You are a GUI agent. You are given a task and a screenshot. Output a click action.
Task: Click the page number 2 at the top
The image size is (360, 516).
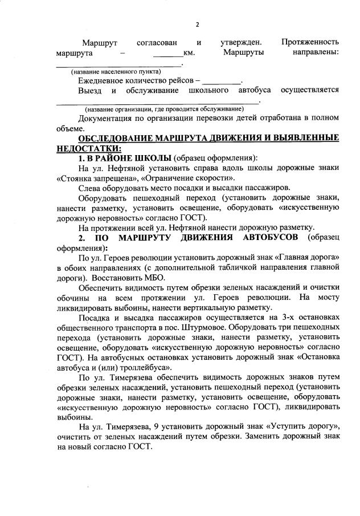tap(198, 24)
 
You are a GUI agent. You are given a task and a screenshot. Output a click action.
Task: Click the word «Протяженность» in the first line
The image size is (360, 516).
tap(310, 43)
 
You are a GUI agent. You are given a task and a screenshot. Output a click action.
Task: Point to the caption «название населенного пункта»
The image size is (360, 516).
tap(116, 72)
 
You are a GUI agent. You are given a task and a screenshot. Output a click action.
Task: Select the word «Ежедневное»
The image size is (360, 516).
tap(103, 81)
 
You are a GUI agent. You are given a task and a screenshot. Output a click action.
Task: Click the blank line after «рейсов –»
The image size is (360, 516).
tap(222, 82)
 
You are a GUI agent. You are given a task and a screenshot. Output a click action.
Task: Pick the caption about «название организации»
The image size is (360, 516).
tap(164, 109)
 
